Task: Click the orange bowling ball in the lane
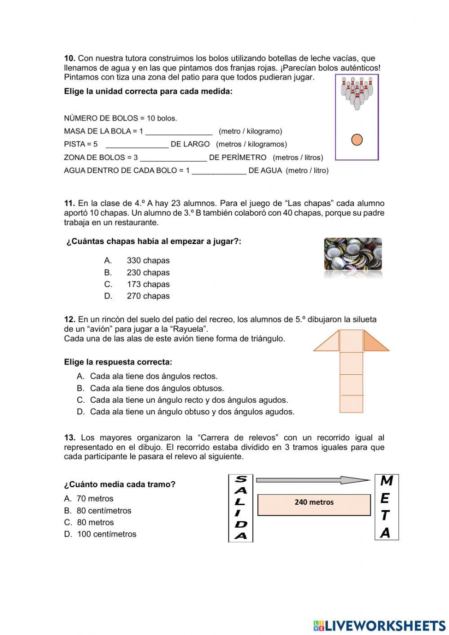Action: [357, 140]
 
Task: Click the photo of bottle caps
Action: [353, 254]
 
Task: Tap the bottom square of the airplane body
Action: [351, 404]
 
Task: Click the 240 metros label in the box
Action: [314, 502]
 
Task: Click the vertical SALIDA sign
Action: [241, 508]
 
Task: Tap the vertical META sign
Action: [386, 507]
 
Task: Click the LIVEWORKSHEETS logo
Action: [379, 626]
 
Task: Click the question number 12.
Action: [70, 320]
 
